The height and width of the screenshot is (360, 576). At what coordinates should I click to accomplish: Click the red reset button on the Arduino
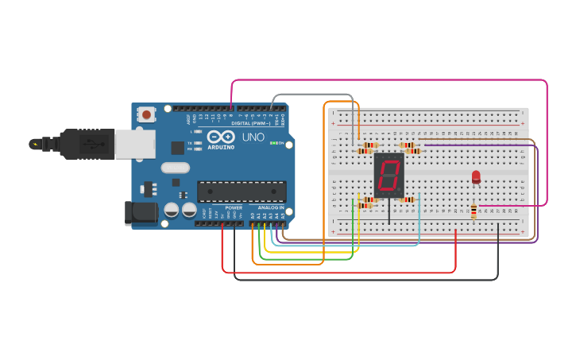147,114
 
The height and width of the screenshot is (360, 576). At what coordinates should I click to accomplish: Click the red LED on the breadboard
476,176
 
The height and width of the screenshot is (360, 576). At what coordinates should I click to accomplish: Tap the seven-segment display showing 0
389,176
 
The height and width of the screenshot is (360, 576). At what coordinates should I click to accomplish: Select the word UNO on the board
253,137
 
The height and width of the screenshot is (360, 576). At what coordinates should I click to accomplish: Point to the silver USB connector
136,144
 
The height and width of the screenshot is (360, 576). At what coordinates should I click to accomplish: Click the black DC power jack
140,212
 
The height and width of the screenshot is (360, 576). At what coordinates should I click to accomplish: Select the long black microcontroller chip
242,191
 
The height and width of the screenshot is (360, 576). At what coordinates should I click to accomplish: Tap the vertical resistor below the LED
474,211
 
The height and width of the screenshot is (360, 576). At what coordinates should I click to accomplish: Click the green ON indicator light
273,143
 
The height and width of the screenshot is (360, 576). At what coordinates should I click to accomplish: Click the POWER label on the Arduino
234,207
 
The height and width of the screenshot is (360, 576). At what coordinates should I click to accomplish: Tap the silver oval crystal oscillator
175,167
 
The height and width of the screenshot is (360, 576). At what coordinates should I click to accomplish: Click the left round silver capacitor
172,211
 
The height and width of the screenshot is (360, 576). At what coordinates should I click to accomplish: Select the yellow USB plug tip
34,144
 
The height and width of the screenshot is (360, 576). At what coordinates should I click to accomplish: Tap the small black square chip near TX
177,148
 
